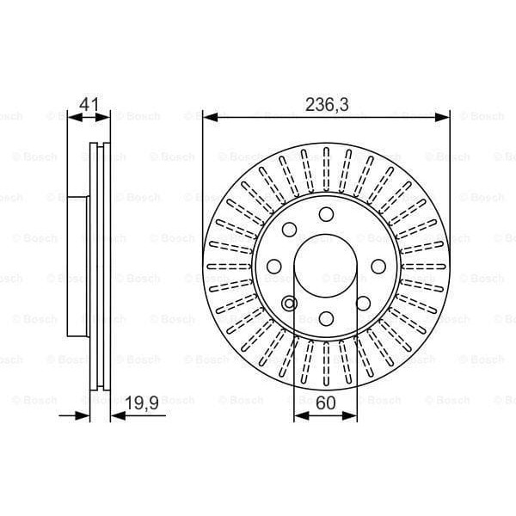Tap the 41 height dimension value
(89, 105)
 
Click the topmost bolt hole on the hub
(326, 213)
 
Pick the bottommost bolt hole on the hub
(326, 319)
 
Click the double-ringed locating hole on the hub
(289, 303)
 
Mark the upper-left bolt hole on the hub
(289, 229)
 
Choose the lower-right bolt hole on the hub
(363, 303)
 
